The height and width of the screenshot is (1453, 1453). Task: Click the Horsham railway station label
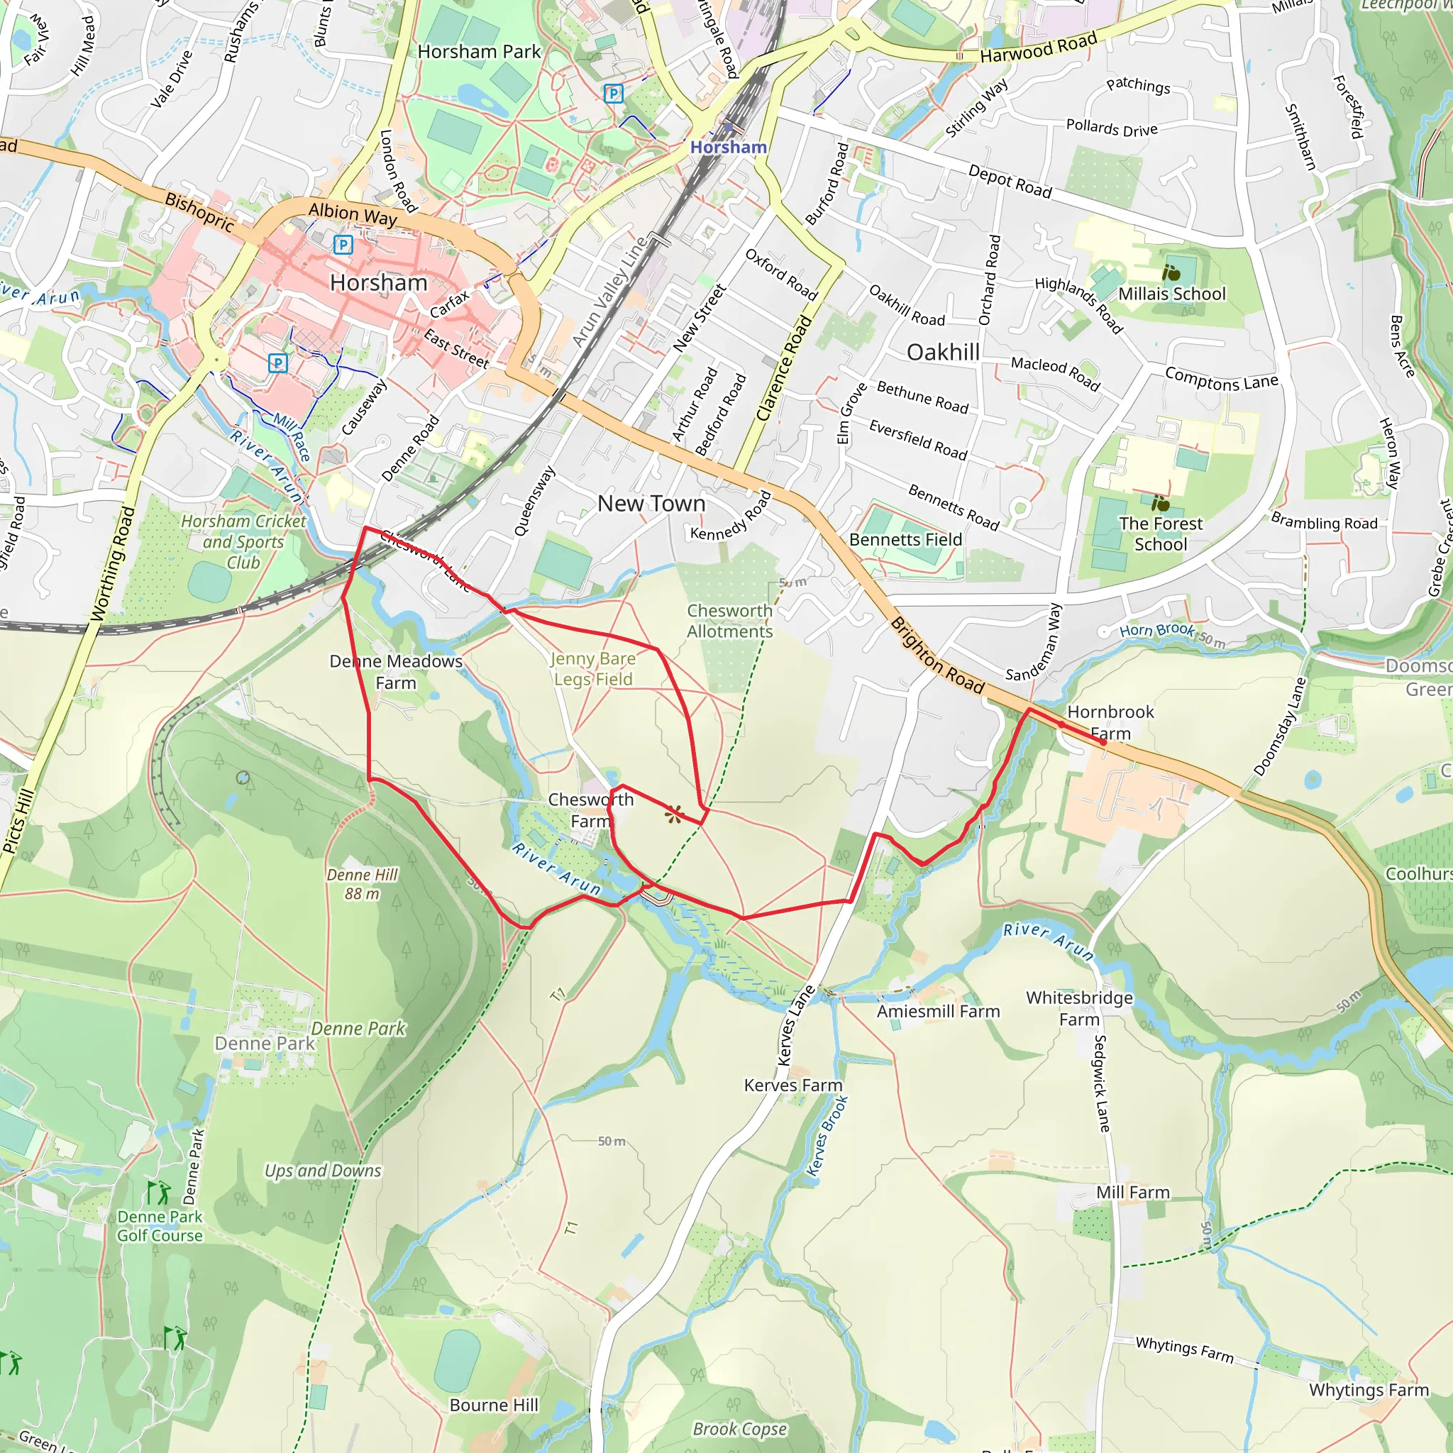pos(728,147)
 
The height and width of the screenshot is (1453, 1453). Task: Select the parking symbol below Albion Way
pos(343,245)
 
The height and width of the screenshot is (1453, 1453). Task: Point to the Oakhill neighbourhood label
pos(942,352)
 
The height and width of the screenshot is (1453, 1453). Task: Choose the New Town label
pos(651,503)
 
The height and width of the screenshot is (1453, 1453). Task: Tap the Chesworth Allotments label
pos(729,621)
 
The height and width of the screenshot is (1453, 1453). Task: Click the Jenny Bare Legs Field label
pos(593,668)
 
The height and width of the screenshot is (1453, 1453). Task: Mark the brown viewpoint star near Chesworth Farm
pos(674,813)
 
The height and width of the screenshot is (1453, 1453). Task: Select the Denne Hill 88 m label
pos(362,884)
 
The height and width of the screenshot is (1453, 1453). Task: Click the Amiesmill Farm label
pos(938,1011)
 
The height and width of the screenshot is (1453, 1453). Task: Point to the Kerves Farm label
pos(792,1085)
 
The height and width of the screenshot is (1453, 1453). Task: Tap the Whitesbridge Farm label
pos(1078,1007)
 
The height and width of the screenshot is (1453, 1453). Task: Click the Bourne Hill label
pos(493,1404)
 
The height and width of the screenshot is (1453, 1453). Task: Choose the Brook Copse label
pos(739,1428)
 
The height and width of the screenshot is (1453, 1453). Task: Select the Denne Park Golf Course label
pos(160,1225)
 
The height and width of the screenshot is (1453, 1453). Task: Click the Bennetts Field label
pos(905,539)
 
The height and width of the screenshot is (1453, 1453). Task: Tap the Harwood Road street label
pos(1038,48)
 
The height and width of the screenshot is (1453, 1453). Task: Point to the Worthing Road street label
pos(113,564)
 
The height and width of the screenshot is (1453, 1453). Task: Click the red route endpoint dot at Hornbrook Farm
pos(1103,741)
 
